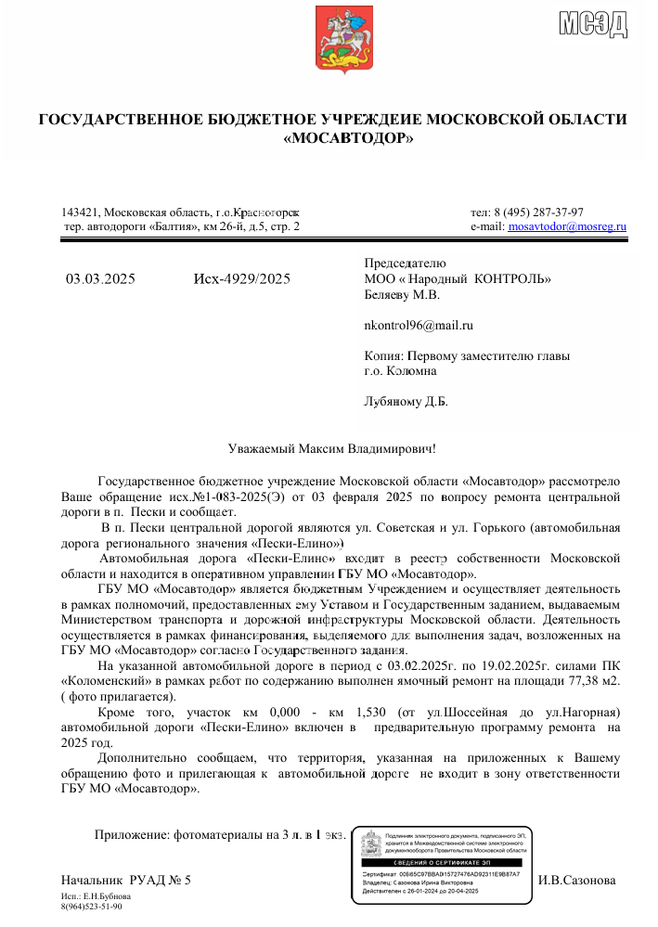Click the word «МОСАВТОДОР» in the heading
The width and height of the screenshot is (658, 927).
[x=347, y=139]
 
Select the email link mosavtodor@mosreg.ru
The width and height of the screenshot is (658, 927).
[x=568, y=225]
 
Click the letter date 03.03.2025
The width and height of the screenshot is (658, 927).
[x=100, y=278]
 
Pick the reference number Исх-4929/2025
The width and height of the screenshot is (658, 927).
[x=241, y=278]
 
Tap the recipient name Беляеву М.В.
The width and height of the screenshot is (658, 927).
[x=403, y=294]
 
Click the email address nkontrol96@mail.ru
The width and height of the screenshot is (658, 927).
[x=419, y=325]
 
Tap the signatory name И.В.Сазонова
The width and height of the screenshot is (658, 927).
[x=576, y=879]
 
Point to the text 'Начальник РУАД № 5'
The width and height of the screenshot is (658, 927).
[x=125, y=879]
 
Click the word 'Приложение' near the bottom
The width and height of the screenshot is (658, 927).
[x=132, y=834]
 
